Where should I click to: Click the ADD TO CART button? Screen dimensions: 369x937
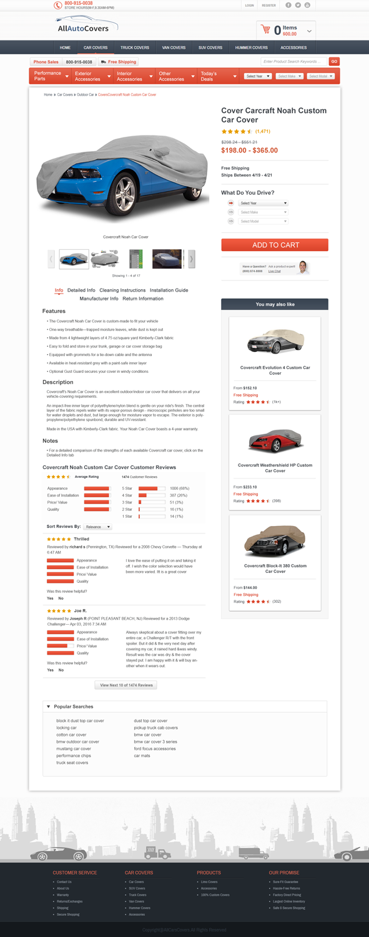[x=275, y=245]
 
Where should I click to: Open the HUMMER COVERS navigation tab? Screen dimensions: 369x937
[x=252, y=47]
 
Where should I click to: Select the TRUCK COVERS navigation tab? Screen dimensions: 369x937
[x=135, y=47]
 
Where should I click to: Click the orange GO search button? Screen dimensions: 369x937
[x=334, y=62]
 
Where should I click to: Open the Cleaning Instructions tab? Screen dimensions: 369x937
[x=122, y=290]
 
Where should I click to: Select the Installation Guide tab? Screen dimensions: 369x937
[x=169, y=290]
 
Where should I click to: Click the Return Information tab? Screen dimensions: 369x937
[x=143, y=299]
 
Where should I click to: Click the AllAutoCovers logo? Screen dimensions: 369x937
[x=82, y=27]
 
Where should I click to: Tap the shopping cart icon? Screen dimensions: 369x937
[x=267, y=30]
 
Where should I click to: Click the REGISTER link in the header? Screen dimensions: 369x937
[x=268, y=5]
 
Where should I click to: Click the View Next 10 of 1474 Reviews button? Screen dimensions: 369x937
[x=125, y=685]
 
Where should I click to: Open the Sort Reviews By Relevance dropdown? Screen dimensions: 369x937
[x=98, y=527]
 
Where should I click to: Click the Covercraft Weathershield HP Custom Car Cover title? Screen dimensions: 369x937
[x=275, y=468]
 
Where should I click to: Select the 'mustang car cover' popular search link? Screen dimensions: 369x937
[x=74, y=749]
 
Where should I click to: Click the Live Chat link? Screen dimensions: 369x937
[x=275, y=272]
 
